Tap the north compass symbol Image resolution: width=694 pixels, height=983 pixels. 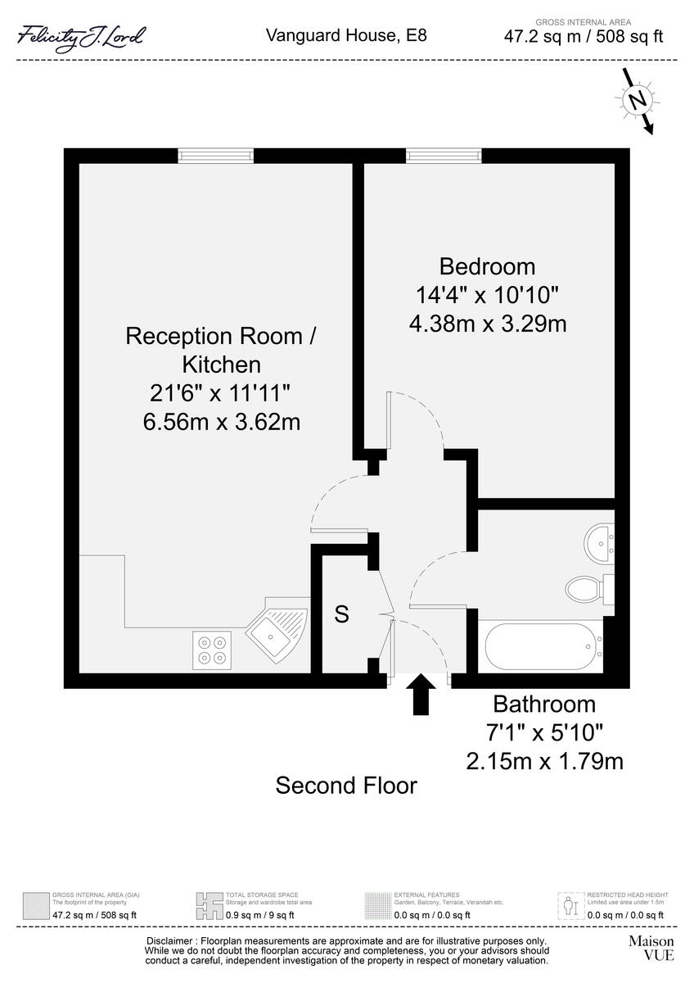coord(637,100)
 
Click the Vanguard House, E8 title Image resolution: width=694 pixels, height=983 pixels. coord(346,35)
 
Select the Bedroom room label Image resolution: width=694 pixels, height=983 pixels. coord(487,266)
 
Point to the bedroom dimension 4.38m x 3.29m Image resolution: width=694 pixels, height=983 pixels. coord(488,324)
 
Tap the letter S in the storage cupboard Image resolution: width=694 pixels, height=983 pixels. coord(342,614)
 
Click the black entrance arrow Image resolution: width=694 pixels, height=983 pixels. coord(422,695)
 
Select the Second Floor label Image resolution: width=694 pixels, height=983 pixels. coord(346,786)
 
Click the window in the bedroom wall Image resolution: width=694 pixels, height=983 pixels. coord(443,156)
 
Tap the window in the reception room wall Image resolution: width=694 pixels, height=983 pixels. coord(216,156)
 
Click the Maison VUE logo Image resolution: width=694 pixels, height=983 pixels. coord(651,948)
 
